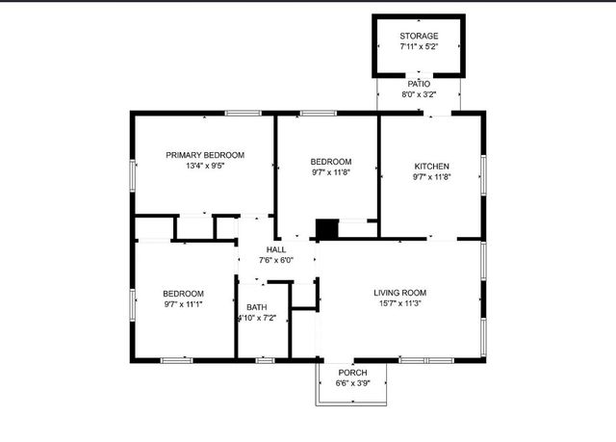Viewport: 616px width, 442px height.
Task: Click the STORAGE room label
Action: (x=419, y=36)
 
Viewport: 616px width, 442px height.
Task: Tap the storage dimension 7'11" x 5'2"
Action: (x=419, y=46)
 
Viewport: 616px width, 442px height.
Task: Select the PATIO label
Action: (x=419, y=84)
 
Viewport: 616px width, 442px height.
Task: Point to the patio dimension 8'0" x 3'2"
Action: (x=419, y=94)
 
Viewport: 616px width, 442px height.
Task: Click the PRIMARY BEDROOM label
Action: (x=205, y=155)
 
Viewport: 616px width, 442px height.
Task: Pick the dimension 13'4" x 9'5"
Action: (x=205, y=166)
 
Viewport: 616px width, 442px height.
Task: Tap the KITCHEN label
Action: (x=431, y=166)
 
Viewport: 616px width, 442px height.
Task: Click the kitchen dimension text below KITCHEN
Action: (x=431, y=176)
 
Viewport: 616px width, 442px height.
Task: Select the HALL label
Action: (x=275, y=249)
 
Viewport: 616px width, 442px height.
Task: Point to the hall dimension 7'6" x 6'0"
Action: (x=275, y=260)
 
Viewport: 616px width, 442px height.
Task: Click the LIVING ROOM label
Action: (x=399, y=293)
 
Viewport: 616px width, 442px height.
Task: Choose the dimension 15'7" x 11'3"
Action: (x=399, y=303)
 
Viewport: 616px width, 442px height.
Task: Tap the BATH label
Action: (x=256, y=307)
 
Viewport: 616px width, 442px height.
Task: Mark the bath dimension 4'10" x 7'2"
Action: (x=256, y=318)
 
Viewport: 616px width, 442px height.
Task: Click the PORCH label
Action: (x=351, y=373)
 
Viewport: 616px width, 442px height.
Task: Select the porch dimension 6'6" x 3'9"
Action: (x=351, y=383)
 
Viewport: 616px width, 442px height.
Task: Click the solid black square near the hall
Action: (x=327, y=229)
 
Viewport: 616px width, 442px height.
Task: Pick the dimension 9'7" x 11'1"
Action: (x=183, y=304)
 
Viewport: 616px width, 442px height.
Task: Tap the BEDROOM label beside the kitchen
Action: (x=330, y=162)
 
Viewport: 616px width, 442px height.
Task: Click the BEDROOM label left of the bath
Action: (x=183, y=294)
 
